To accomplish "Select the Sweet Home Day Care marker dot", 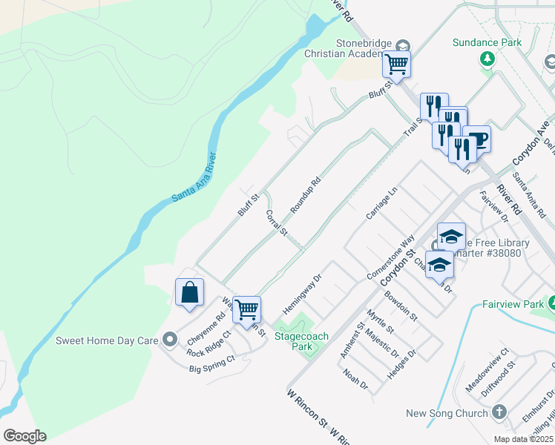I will point(170,340).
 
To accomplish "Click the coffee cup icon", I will point(476,139).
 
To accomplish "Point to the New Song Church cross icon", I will point(499,412).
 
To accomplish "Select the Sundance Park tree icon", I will point(487,59).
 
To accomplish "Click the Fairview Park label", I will point(513,303).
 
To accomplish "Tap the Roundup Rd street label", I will point(305,195).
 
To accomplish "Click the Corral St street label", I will point(276,222).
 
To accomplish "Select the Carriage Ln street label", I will point(382,202).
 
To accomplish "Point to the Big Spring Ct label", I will point(211,363).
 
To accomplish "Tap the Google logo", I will point(24,435).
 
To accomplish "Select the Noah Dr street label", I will point(356,380).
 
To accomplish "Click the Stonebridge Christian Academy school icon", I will point(403,44).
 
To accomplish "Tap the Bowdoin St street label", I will point(401,305).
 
